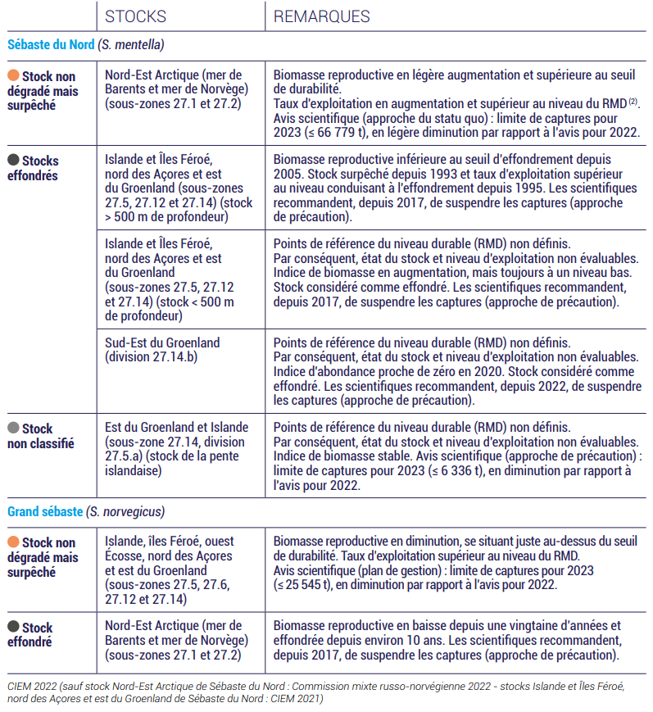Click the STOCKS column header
tap(135, 16)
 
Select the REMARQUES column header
tap(321, 16)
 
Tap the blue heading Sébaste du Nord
tap(51, 45)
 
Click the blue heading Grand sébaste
tap(45, 511)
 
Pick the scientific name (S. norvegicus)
tap(125, 511)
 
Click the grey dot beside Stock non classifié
tap(13, 429)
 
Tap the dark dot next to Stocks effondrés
tap(13, 161)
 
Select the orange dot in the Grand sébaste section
tap(13, 542)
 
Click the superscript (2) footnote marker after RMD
tap(633, 102)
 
